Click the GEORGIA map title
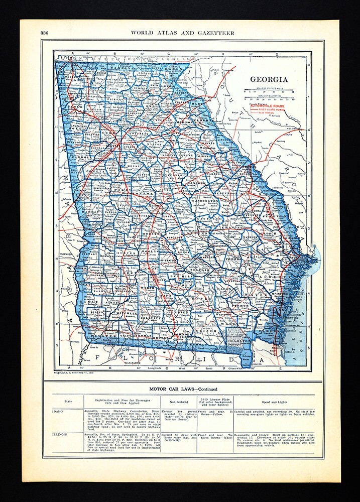point(269,79)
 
